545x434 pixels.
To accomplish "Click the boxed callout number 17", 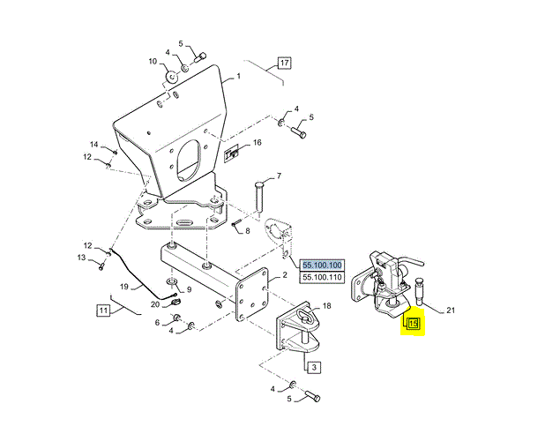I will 284,64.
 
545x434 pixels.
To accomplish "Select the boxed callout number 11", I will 103,310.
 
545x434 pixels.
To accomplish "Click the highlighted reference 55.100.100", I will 322,265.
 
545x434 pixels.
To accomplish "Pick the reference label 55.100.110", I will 322,278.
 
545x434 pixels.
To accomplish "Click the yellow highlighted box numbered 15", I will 413,324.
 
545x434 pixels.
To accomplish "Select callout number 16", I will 258,142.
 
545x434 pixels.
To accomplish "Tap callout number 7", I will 279,176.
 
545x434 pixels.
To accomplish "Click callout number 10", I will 152,62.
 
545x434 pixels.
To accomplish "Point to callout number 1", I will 237,78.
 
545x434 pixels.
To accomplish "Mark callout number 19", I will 124,287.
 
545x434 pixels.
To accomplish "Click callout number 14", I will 93,145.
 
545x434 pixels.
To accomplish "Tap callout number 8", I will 248,231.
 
